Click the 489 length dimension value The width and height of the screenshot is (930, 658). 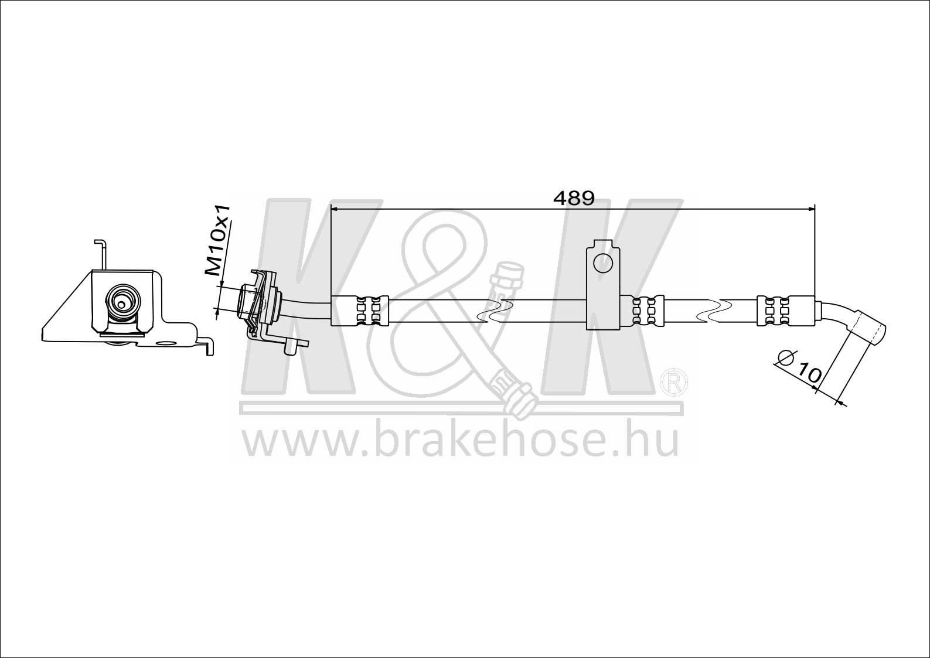pos(574,199)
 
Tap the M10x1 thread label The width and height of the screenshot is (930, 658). pos(219,240)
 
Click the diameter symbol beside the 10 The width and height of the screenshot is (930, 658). pos(785,357)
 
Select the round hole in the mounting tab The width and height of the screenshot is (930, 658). pos(603,262)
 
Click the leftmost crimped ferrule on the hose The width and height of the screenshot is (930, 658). pos(360,310)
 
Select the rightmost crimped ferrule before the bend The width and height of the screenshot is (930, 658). pos(785,310)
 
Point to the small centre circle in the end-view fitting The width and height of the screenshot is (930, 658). pos(121,304)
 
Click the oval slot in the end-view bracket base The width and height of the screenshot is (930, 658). pos(166,344)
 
